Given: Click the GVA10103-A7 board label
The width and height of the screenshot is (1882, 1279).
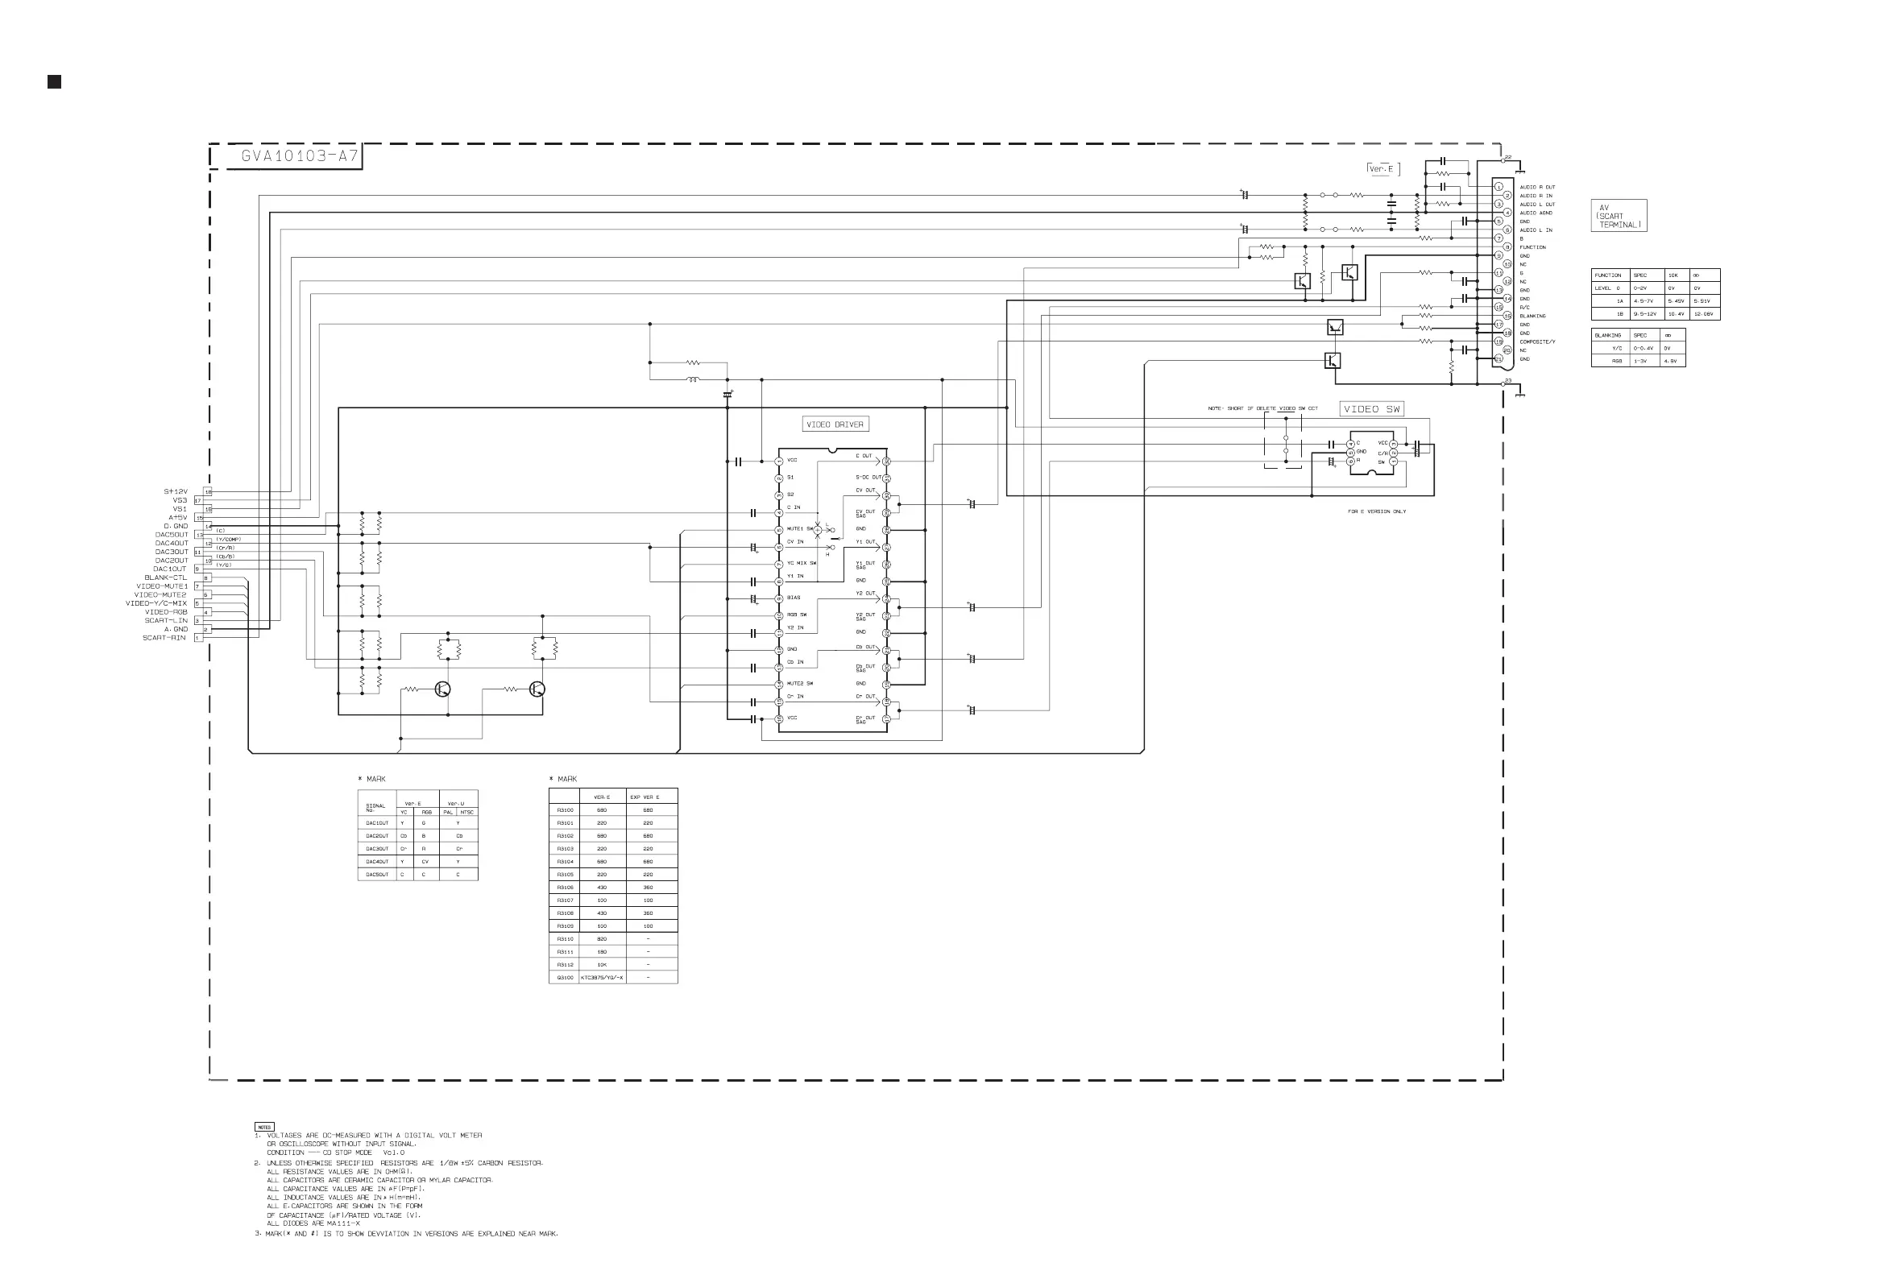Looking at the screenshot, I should point(300,156).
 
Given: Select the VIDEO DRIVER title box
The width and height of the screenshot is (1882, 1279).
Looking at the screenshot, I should point(834,424).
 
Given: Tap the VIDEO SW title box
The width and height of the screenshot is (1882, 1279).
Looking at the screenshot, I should point(1371,410).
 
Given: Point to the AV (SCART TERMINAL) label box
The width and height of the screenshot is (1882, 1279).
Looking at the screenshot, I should point(1618,216).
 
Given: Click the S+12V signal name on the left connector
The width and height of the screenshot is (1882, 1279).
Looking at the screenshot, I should point(176,491).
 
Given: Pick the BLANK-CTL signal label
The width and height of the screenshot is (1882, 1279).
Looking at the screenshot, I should point(165,577).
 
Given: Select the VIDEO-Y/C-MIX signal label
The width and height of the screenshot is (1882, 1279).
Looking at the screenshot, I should point(155,603).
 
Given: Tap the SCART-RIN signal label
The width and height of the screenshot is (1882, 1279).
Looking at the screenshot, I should point(164,638).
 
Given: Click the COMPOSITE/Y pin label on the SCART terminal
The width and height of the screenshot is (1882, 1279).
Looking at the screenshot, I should point(1537,341).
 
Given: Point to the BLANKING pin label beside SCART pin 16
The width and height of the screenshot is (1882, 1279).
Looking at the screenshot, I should point(1532,316).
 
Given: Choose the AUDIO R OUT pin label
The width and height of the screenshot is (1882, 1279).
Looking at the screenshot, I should point(1537,187).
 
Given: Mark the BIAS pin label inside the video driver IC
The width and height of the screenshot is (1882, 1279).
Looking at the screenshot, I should point(794,598).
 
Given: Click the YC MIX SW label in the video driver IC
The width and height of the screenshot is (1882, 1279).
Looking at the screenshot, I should point(802,563).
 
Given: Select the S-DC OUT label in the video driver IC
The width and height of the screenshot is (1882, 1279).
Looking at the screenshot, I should point(868,478).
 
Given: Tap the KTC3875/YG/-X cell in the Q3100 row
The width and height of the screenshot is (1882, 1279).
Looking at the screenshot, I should point(602,978).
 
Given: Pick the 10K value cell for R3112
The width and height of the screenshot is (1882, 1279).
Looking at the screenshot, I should point(602,965).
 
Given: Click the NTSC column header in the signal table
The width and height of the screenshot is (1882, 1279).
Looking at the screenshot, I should point(467,812).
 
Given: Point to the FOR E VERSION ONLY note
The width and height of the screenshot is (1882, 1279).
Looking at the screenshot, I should point(1377,511).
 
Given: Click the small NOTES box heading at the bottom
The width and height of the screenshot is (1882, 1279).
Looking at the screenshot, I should point(264,1127).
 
